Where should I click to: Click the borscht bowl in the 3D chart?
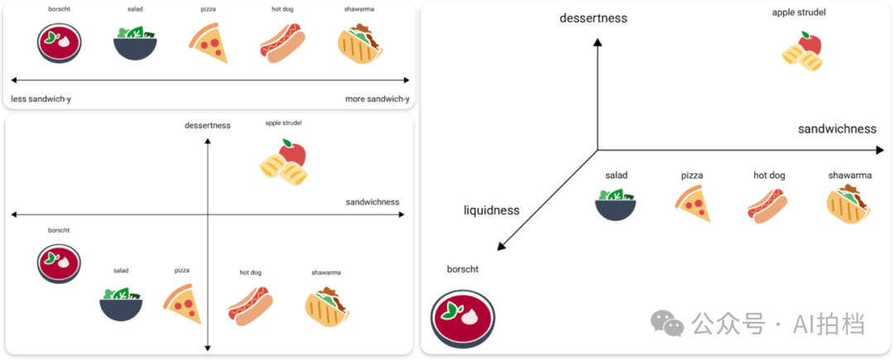tap(463, 318)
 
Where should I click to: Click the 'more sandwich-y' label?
tap(377, 99)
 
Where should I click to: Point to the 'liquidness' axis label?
tap(491, 210)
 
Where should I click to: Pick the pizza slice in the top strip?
tap(208, 43)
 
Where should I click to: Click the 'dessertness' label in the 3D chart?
tap(593, 18)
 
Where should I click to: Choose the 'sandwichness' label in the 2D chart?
tap(372, 202)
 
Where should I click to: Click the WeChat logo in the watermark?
tap(668, 323)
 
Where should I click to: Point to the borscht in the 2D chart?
tap(60, 263)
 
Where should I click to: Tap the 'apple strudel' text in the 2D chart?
tap(283, 122)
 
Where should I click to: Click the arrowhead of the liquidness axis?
tap(500, 247)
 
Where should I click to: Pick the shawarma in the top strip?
tap(360, 43)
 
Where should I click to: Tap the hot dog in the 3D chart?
tap(767, 204)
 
